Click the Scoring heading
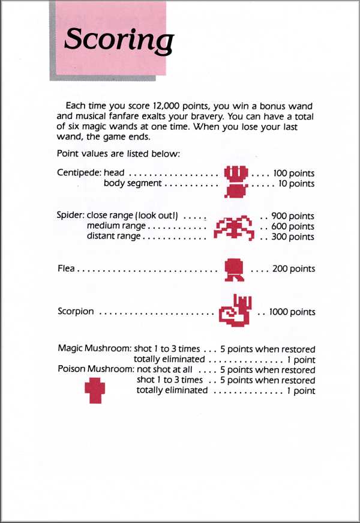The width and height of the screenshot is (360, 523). coord(118,40)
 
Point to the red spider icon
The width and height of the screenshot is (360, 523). coord(235,227)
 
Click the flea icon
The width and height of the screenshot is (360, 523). coord(232,270)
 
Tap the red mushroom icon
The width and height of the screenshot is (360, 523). coord(96,390)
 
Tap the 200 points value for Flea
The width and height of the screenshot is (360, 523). coord(293,269)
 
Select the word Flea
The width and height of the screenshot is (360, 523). coord(66,269)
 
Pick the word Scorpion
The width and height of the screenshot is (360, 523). coord(76,312)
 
